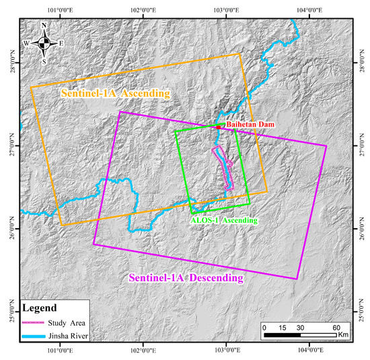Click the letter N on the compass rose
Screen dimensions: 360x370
tap(44, 26)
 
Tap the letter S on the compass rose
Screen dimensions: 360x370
tap(44, 61)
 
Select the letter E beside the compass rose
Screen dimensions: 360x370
tap(61, 44)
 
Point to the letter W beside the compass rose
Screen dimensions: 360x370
tap(27, 44)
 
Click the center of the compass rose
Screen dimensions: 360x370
tap(44, 44)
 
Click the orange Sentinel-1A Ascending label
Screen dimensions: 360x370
tap(116, 94)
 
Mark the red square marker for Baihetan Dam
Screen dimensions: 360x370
tap(219, 126)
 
